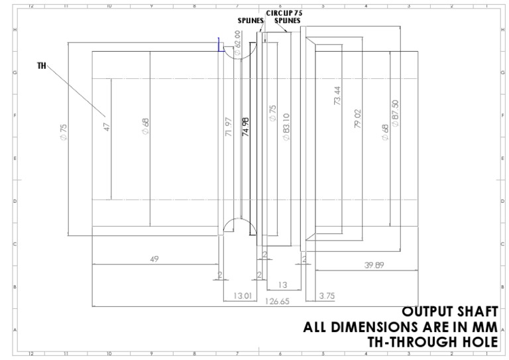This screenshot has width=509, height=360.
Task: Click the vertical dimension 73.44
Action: (337, 97)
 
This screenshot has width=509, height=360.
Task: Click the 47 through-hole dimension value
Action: (106, 126)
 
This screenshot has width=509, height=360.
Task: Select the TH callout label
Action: (42, 66)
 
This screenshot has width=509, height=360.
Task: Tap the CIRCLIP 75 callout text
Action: (284, 13)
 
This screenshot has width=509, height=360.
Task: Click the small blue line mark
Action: (219, 44)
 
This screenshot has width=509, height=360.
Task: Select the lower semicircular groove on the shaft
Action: (235, 225)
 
